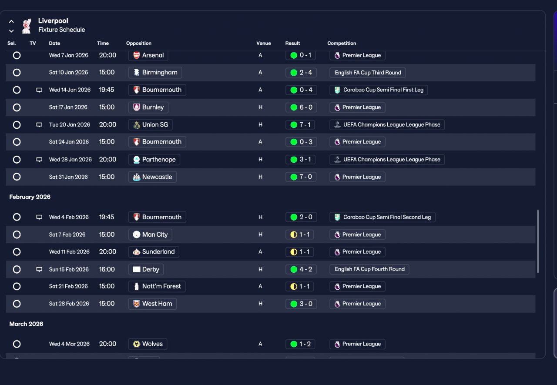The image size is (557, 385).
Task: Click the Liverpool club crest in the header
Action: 27,26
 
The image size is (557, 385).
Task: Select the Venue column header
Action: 264,43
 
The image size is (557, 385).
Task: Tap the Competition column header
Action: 342,43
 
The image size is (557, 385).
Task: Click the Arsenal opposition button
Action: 148,55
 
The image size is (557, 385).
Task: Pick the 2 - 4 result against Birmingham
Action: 301,73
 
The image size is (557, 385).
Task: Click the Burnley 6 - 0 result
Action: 301,107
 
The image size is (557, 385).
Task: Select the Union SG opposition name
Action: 155,124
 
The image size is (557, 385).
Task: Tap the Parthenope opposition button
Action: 154,160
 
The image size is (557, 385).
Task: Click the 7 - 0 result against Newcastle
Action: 301,177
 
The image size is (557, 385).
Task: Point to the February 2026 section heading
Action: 30,197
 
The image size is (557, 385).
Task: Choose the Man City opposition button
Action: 150,234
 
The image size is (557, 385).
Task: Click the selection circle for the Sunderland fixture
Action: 17,252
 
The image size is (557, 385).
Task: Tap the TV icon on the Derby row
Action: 39,269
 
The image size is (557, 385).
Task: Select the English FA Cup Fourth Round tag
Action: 369,269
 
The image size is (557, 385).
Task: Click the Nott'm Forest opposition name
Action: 161,286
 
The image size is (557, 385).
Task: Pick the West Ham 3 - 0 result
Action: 301,304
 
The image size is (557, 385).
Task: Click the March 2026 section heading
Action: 26,324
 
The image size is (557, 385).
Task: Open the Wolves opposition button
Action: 148,344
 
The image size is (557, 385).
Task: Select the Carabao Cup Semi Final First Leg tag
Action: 379,90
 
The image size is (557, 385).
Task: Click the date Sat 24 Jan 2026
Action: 69,142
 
